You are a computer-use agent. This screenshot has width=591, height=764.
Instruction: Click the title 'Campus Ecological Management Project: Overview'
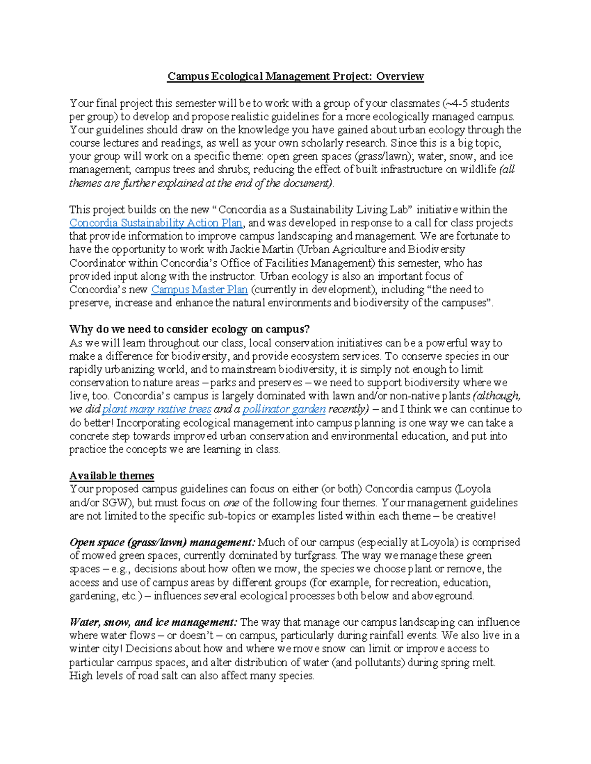[295, 76]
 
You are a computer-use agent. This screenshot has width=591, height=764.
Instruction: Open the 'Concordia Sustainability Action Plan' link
[156, 223]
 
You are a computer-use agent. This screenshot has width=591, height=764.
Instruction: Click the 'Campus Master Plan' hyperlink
[199, 290]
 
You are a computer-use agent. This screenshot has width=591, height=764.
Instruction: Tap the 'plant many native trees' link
[157, 409]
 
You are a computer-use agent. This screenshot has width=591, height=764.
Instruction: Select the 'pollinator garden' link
[284, 409]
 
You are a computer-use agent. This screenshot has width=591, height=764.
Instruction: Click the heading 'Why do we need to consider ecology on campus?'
[190, 329]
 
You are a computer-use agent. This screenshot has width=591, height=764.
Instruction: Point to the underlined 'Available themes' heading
[112, 476]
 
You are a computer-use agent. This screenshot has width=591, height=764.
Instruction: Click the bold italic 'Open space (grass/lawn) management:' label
[163, 543]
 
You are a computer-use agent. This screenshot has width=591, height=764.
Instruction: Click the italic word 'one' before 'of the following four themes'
[231, 503]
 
